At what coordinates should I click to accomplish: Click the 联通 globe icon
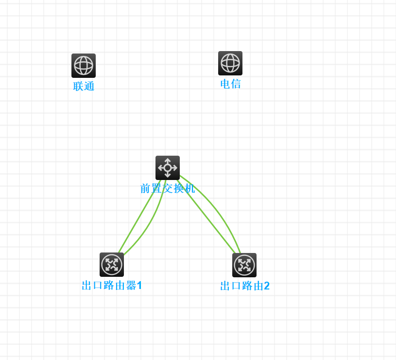[x=84, y=66]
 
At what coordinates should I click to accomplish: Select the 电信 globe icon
[x=230, y=63]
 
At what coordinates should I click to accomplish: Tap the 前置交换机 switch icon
[x=168, y=168]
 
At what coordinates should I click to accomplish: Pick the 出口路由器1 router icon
[x=112, y=265]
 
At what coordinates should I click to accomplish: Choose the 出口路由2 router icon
[x=244, y=265]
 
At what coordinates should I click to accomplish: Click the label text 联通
[x=84, y=87]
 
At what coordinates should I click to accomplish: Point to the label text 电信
[x=230, y=84]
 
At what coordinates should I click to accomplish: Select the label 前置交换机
[x=168, y=189]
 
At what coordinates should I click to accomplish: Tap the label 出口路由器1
[x=112, y=286]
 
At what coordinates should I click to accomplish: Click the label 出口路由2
[x=244, y=286]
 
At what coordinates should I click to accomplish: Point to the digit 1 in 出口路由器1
[x=139, y=286]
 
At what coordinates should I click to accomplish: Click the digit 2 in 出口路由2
[x=266, y=286]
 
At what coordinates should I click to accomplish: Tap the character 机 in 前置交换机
[x=189, y=189]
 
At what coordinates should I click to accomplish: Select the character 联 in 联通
[x=78, y=87]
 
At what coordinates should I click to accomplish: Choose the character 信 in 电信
[x=236, y=84]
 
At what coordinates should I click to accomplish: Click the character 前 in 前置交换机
[x=145, y=189]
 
